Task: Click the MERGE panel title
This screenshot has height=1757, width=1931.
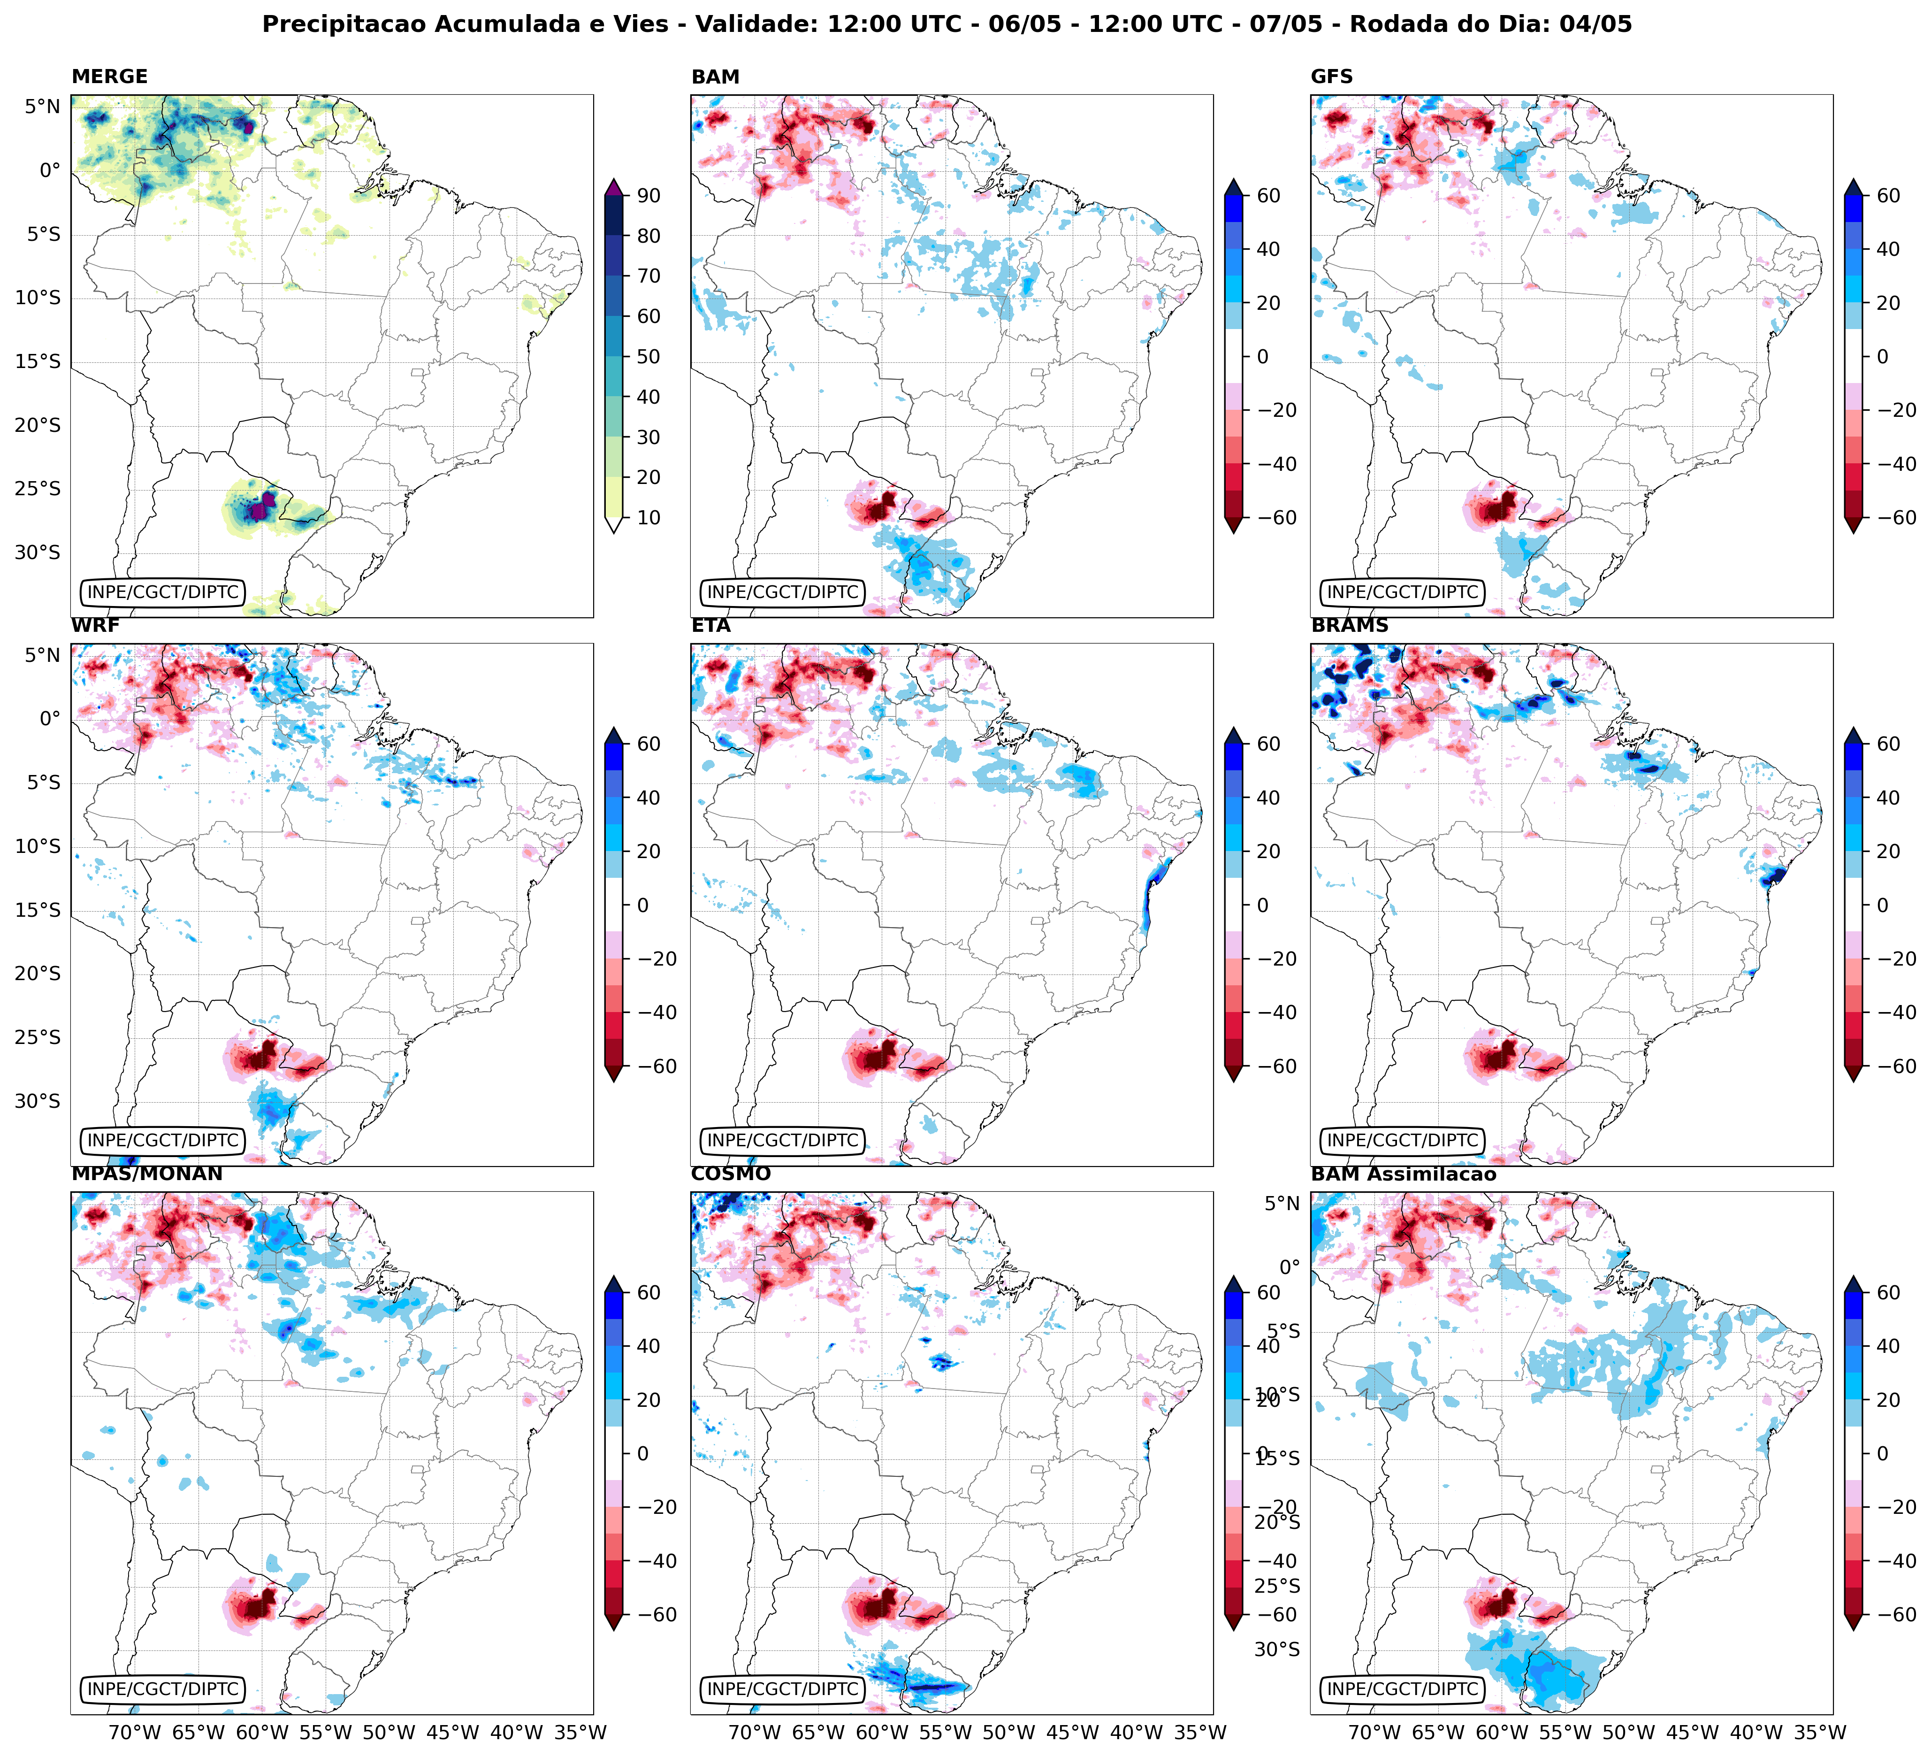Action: (109, 77)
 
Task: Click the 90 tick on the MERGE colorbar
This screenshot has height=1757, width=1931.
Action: (649, 195)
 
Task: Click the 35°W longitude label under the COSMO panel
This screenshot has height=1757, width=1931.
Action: (1200, 1732)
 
